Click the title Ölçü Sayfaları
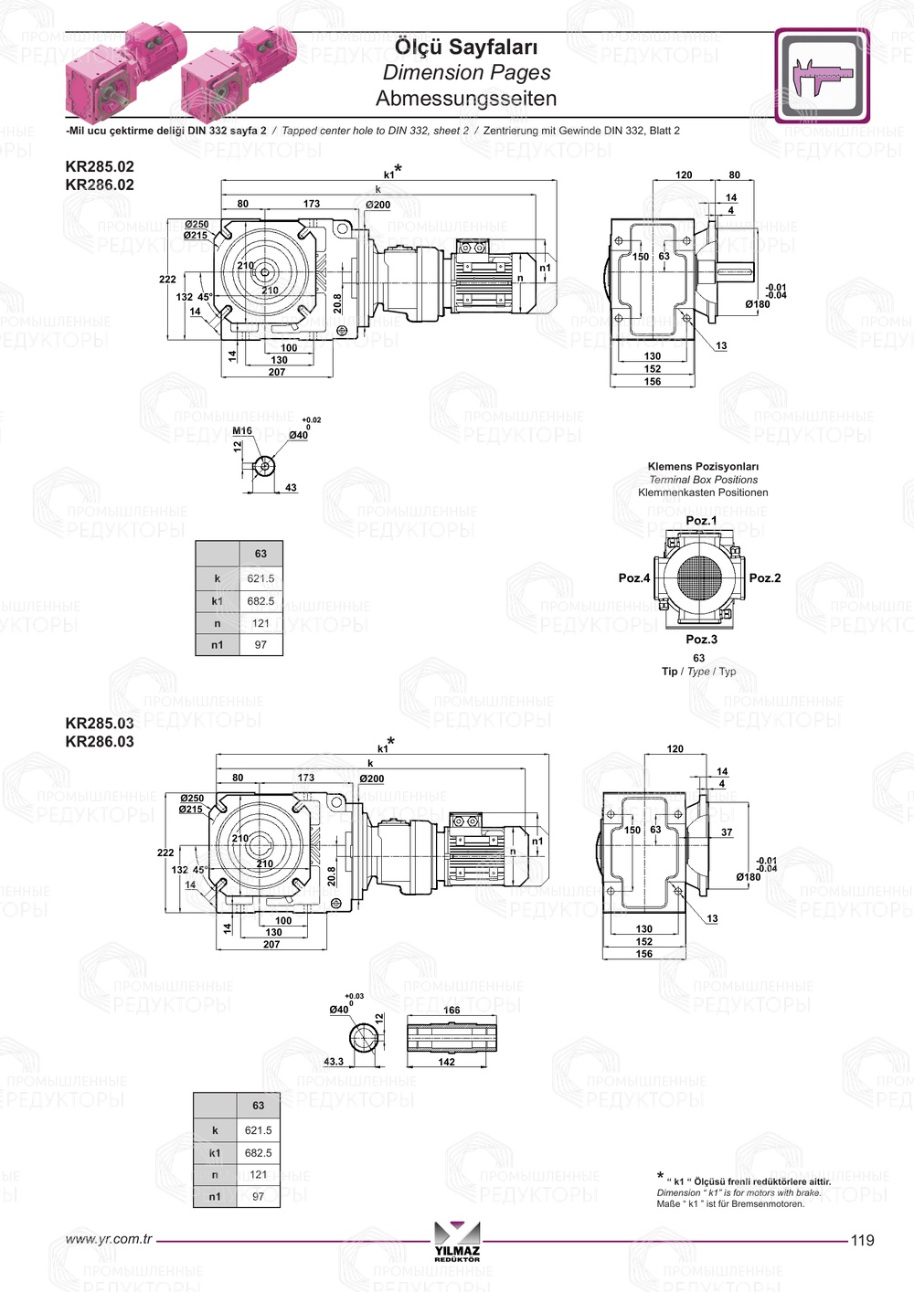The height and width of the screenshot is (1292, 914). pyautogui.click(x=466, y=47)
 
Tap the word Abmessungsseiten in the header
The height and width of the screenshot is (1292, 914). pyautogui.click(x=466, y=98)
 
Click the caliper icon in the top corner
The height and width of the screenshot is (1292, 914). pyautogui.click(x=822, y=76)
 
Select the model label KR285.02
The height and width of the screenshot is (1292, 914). pyautogui.click(x=100, y=166)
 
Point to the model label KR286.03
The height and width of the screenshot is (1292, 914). pyautogui.click(x=100, y=742)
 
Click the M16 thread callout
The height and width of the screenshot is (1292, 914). pyautogui.click(x=242, y=430)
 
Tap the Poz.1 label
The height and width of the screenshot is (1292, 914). pyautogui.click(x=701, y=521)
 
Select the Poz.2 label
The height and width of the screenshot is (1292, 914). pyautogui.click(x=765, y=577)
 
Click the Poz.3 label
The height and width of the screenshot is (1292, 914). pyautogui.click(x=701, y=640)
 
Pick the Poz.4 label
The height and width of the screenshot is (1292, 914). pyautogui.click(x=634, y=577)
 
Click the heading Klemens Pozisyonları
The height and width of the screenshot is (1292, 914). pyautogui.click(x=703, y=466)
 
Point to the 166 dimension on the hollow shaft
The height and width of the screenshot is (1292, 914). pyautogui.click(x=452, y=1011)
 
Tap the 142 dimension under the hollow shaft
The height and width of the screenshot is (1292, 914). pyautogui.click(x=446, y=1062)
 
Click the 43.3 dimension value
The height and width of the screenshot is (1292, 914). pyautogui.click(x=334, y=1062)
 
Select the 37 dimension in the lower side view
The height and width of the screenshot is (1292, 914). pyautogui.click(x=727, y=832)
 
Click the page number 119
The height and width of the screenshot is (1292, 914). pyautogui.click(x=862, y=1240)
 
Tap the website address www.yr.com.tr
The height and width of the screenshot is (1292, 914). pyautogui.click(x=109, y=1239)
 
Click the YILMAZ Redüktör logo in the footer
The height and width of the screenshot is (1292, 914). pyautogui.click(x=457, y=1242)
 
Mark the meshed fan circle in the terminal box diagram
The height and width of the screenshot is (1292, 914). pyautogui.click(x=700, y=577)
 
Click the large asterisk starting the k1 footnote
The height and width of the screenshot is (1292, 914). pyautogui.click(x=660, y=1176)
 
